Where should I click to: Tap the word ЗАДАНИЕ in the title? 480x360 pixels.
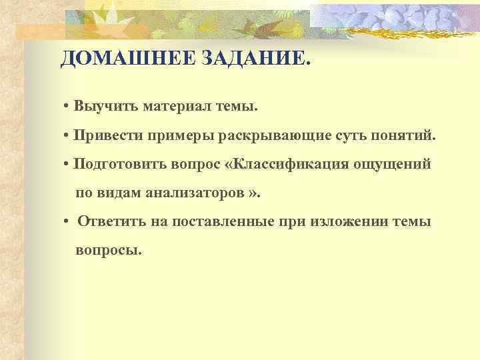point(249,60)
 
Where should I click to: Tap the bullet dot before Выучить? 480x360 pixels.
point(68,107)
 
